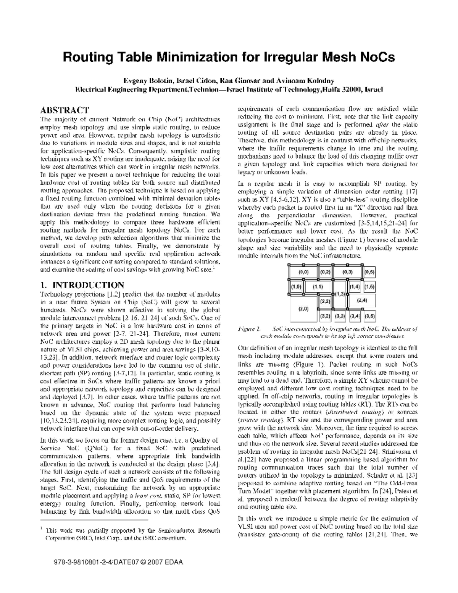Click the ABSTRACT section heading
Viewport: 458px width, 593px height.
tap(65, 110)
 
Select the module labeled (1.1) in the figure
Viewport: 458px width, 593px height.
tap(318, 286)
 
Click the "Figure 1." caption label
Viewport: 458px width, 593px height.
tap(248, 329)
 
